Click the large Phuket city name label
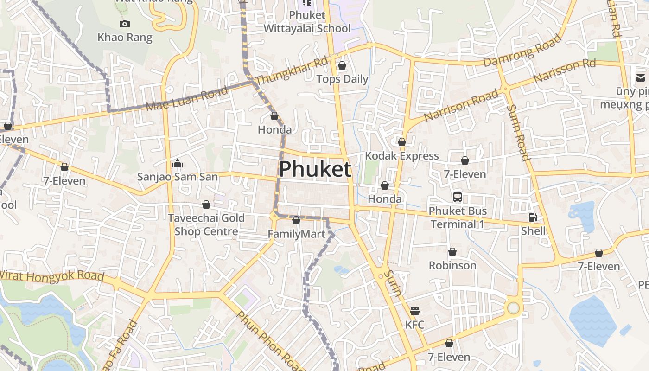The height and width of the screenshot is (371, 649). pos(315,169)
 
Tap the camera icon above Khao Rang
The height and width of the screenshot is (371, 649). pos(124,24)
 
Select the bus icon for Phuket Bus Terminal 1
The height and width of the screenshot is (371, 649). pos(458,197)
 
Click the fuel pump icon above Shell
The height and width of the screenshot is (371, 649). pos(533,217)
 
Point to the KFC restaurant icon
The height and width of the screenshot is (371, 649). pos(415,311)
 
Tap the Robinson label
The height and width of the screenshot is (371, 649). pos(452,265)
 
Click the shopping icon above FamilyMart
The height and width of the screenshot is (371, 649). pos(296,220)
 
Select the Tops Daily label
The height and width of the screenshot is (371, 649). pos(342,79)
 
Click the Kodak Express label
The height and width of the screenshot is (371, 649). pos(402,155)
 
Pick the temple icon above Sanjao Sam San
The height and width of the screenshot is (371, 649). pos(177,163)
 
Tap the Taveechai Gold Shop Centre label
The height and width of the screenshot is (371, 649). pos(206,224)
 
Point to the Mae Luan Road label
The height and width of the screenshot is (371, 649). pos(186,98)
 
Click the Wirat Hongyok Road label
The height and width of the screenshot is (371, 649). pos(51,276)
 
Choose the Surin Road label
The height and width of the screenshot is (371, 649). pos(518,132)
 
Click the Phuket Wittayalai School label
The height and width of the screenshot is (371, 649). pos(307,22)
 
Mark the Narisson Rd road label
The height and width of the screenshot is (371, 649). pos(564,70)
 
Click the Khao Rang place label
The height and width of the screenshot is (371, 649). pos(125,37)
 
